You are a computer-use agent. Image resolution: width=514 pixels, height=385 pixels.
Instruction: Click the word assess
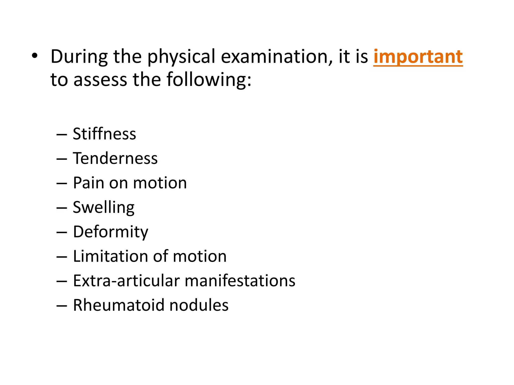[x=100, y=80]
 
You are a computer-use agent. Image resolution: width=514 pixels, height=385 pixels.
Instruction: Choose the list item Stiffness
[x=104, y=134]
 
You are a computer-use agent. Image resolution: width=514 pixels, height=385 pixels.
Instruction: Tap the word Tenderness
[x=115, y=158]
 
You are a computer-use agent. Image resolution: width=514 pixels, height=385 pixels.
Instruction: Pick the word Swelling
[x=104, y=208]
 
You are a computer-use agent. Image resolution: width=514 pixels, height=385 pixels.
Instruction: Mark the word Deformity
[x=111, y=232]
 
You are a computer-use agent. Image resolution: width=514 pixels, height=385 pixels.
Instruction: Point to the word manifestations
[x=240, y=280]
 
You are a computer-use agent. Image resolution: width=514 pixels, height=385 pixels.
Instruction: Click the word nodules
[x=199, y=305]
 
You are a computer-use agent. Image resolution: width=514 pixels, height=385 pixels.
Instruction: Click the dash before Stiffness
[x=62, y=135]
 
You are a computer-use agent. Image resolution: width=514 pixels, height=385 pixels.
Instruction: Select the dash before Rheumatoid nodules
[x=62, y=306]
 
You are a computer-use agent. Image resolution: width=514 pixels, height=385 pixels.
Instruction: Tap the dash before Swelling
[x=62, y=208]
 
